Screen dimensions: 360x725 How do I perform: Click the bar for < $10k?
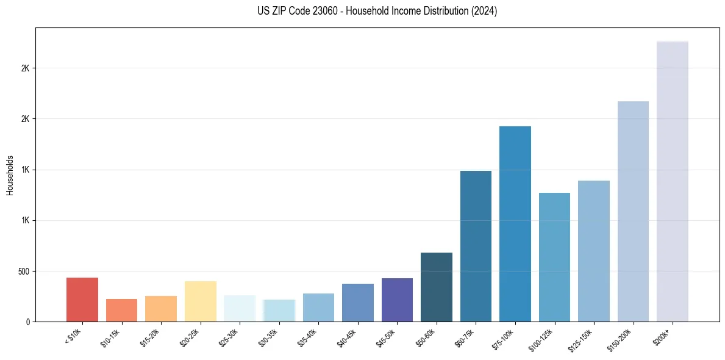tap(82, 300)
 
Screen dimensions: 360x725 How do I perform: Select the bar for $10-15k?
tap(121, 310)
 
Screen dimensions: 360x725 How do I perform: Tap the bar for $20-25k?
tap(200, 301)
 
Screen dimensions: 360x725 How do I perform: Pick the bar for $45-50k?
tap(397, 300)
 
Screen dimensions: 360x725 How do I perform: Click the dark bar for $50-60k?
tap(437, 287)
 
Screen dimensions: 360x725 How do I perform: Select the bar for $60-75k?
tap(476, 246)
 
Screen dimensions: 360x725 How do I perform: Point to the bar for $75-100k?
tap(515, 224)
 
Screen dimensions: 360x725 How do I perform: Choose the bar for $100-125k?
tap(554, 257)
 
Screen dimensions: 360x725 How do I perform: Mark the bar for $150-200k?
tap(633, 211)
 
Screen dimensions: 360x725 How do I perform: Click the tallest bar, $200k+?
tap(672, 181)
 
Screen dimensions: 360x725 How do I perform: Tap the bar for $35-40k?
tap(318, 308)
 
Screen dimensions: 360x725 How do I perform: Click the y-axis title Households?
tap(10, 175)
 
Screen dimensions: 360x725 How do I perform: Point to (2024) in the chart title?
tap(485, 11)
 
